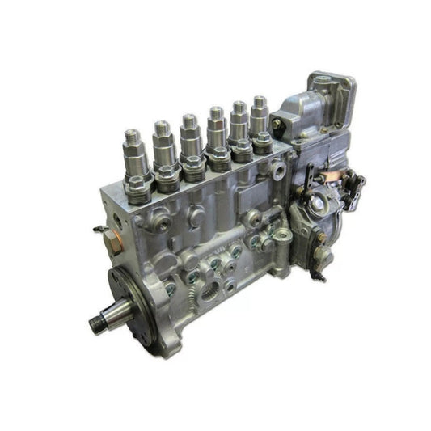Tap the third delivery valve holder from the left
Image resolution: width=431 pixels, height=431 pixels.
[189, 132]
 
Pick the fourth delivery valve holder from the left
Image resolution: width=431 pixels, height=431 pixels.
[216, 125]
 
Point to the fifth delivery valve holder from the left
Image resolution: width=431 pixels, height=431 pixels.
[239, 120]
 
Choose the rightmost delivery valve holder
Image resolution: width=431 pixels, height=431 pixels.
[259, 114]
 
